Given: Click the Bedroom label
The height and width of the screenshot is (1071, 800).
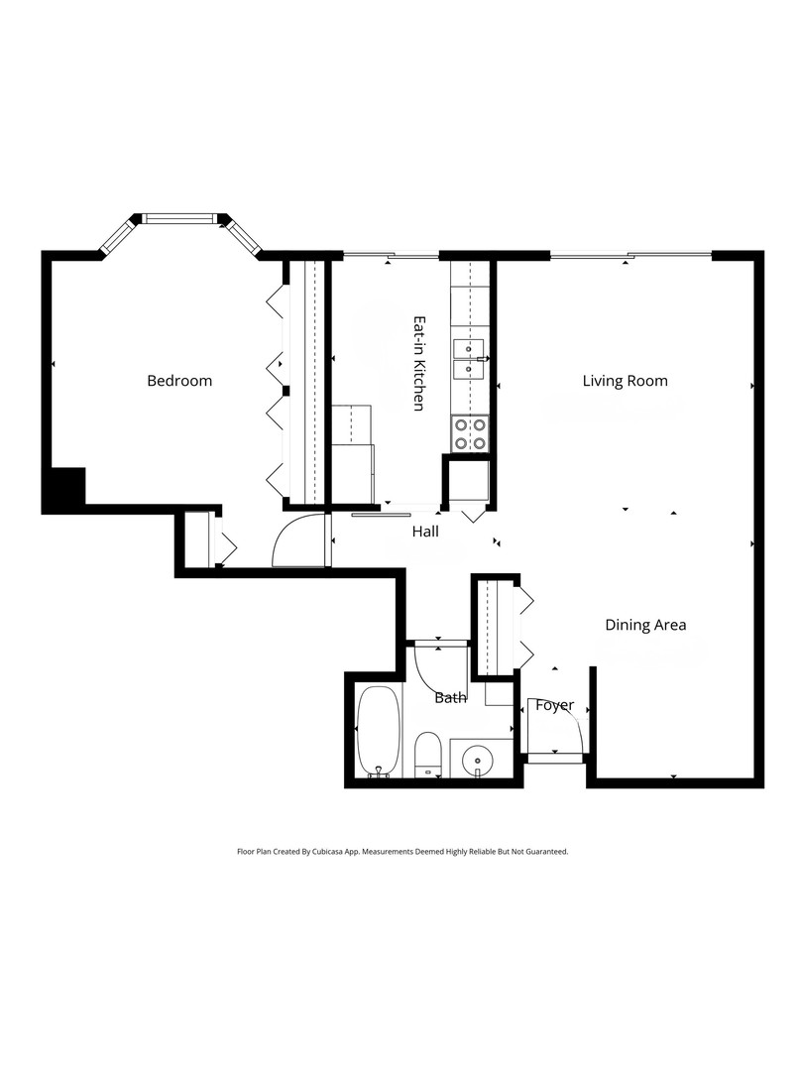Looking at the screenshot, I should (x=179, y=381).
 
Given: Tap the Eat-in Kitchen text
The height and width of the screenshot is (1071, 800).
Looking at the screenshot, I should (x=419, y=364).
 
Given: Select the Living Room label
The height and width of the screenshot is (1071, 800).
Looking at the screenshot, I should (x=625, y=381).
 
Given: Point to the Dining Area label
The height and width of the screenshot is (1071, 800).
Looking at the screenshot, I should (x=645, y=625).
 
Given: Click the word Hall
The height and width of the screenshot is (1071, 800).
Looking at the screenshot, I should (x=425, y=532).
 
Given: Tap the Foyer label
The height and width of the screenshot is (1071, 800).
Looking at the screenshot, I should (x=554, y=705).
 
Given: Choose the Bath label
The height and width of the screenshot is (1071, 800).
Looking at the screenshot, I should (x=450, y=697).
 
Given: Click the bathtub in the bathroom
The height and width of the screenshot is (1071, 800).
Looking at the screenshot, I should (x=378, y=731).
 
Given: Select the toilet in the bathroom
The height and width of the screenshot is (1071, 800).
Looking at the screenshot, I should (x=427, y=756).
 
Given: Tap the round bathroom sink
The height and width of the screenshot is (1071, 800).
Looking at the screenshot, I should (x=478, y=759).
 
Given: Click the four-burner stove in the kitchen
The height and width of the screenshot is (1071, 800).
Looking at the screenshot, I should (x=471, y=433).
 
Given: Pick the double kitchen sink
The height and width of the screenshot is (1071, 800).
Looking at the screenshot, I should (x=468, y=359).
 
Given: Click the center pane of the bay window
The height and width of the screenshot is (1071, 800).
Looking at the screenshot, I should (x=179, y=218).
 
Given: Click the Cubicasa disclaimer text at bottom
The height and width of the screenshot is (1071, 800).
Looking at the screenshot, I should (x=401, y=851).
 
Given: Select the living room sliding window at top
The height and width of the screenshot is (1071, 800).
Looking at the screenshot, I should (x=630, y=256).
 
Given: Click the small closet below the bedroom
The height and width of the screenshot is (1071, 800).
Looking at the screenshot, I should (x=197, y=540).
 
